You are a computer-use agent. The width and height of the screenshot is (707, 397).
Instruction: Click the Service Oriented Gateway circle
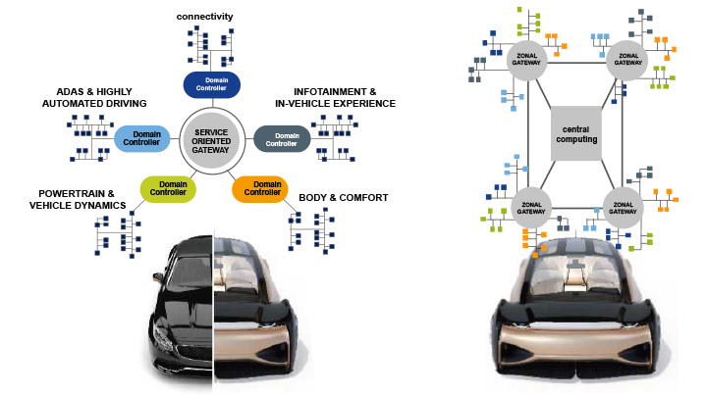pyautogui.click(x=211, y=140)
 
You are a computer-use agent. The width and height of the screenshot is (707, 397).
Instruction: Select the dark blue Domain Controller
pyautogui.click(x=212, y=85)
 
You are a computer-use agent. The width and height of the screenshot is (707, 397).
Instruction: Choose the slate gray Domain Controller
pyautogui.click(x=282, y=139)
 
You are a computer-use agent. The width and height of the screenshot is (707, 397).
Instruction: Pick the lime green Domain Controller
pyautogui.click(x=168, y=187)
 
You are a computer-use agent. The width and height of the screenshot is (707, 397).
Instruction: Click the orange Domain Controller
pyautogui.click(x=260, y=187)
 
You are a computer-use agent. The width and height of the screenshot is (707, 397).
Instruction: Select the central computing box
pyautogui.click(x=574, y=133)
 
